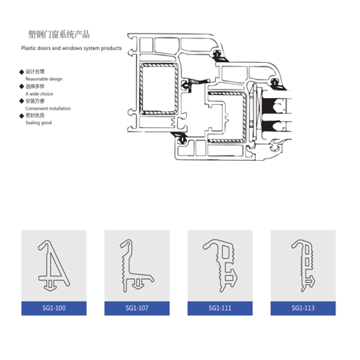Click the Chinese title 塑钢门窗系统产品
[59, 34]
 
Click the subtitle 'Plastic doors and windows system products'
[71, 48]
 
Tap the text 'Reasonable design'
[44, 79]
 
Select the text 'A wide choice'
[39, 93]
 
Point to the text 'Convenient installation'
[48, 108]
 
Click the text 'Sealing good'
[38, 123]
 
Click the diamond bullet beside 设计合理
[21, 72]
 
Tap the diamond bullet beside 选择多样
[21, 87]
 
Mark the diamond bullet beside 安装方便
[21, 101]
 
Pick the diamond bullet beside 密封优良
[21, 116]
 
